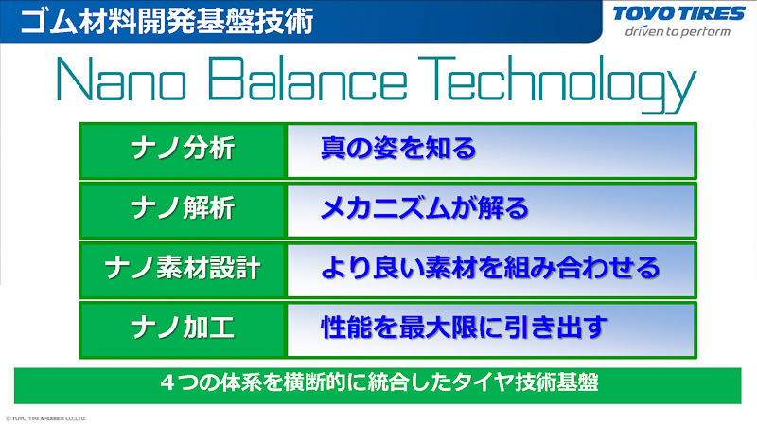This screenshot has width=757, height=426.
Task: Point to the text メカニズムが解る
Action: click(x=422, y=208)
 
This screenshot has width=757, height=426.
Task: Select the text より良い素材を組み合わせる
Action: click(x=489, y=268)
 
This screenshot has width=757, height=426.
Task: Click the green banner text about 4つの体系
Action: click(x=378, y=383)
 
